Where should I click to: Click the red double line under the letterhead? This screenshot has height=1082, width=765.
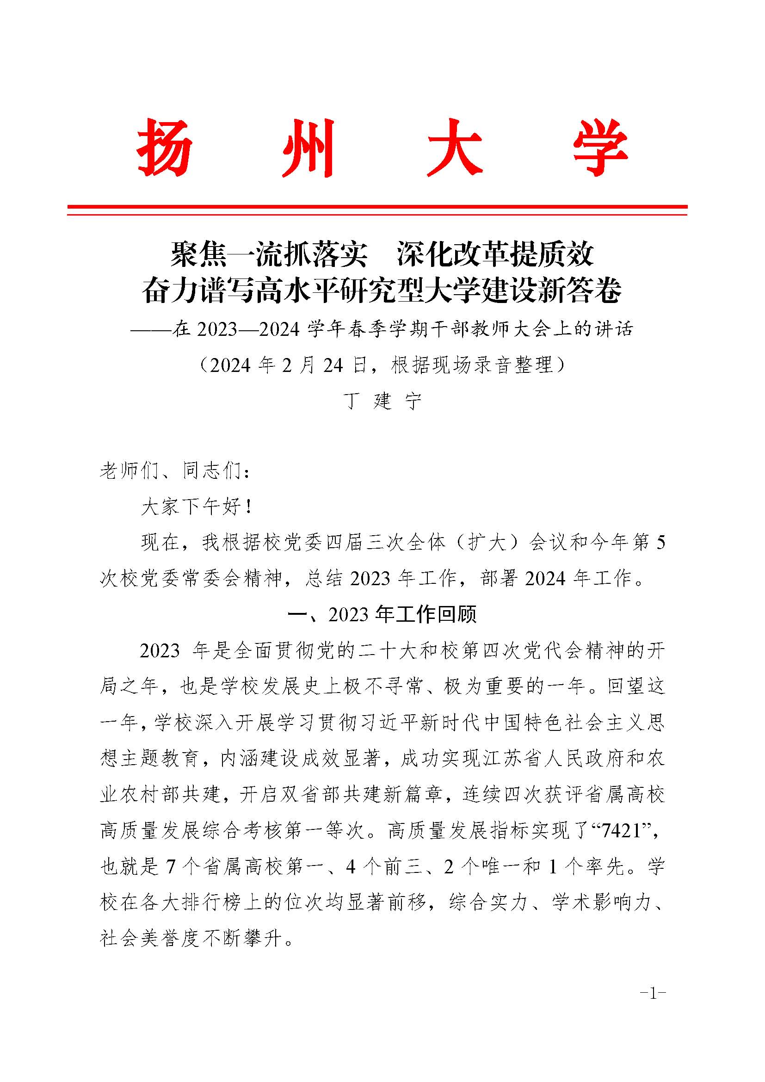coord(377,210)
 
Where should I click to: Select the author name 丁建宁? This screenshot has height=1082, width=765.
coord(382,401)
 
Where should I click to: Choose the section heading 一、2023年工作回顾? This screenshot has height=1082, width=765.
coord(382,614)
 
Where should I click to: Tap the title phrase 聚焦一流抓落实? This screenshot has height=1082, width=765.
coord(269,254)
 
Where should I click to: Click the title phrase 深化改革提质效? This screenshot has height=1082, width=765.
coord(495,254)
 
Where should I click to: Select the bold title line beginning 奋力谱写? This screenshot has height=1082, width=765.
coord(382,291)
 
